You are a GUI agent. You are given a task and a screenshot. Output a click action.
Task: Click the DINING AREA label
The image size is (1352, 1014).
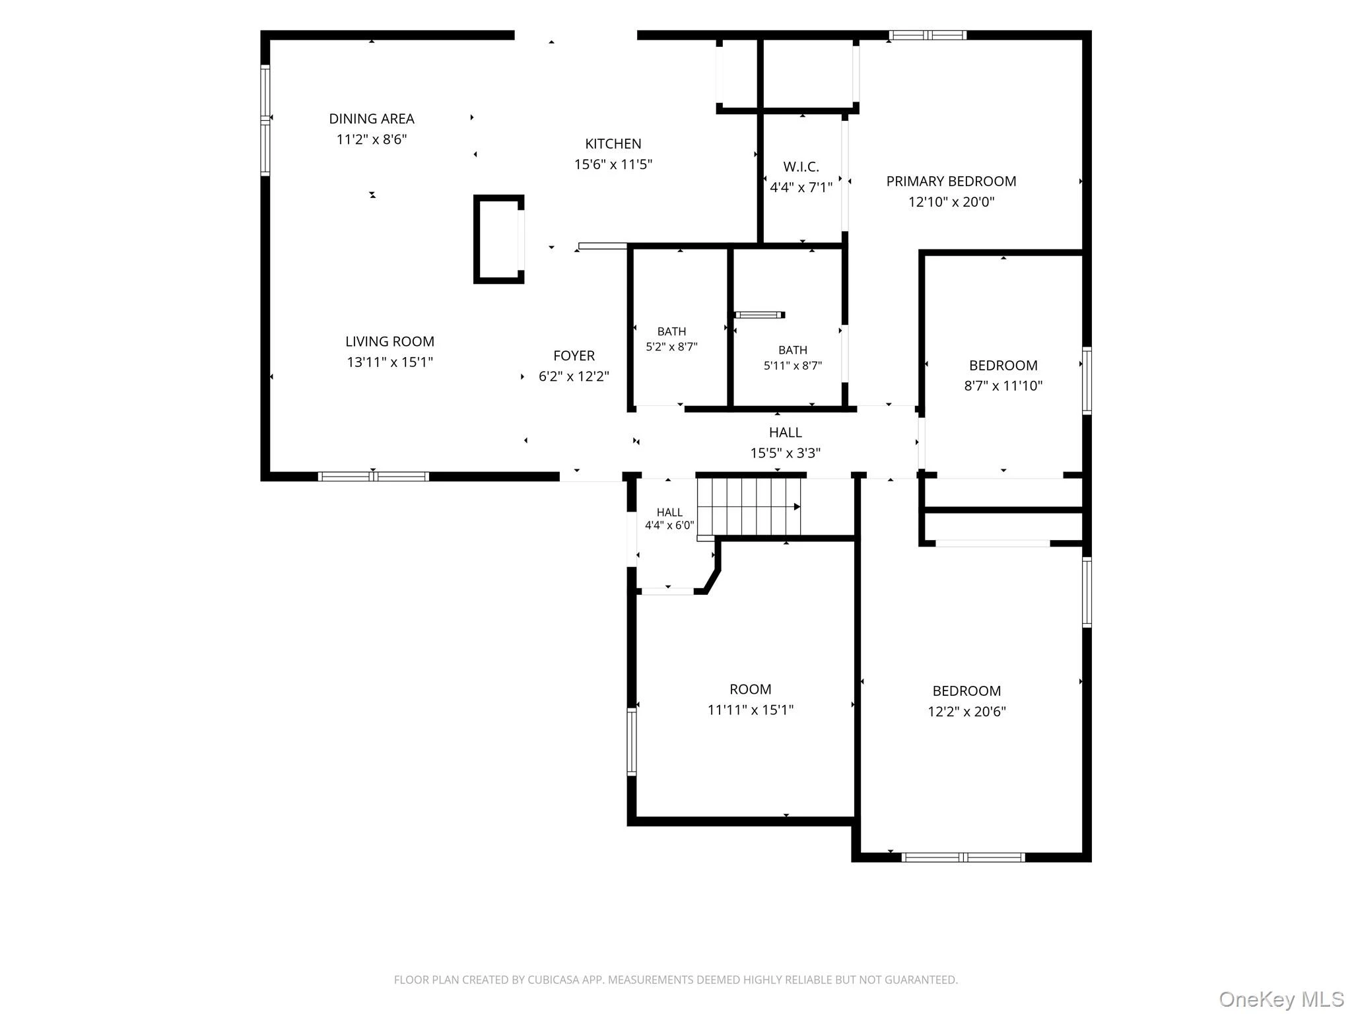coord(372,119)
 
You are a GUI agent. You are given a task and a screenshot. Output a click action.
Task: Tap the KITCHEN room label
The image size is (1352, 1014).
coord(613,144)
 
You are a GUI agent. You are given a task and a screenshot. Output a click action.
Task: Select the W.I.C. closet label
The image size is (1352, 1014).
coord(801,167)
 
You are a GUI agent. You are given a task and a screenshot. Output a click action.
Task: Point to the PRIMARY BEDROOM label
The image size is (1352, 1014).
coord(951,182)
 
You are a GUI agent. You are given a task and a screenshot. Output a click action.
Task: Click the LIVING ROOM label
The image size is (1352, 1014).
coord(390,342)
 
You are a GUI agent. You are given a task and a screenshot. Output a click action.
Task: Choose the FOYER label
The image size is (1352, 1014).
coord(574,356)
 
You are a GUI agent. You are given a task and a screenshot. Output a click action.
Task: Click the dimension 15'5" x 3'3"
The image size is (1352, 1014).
coord(786,454)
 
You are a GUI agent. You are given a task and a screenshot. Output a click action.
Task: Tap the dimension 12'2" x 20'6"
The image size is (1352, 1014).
coord(967,712)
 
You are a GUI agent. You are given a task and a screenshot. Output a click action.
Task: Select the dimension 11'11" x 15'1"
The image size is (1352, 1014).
coord(751,710)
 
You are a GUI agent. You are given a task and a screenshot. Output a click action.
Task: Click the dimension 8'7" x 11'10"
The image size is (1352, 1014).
coord(1003,386)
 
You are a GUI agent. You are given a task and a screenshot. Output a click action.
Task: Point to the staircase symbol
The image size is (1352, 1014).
coord(749,506)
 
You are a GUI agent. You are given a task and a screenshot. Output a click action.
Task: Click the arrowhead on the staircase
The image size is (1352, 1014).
coord(797,507)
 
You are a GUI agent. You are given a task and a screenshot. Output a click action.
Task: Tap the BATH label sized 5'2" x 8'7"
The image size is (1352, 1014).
coord(671,331)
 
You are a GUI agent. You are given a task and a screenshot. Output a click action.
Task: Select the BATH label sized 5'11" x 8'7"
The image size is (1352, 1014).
coord(793,350)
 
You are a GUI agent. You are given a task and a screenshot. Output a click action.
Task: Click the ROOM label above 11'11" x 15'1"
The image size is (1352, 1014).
coord(751,690)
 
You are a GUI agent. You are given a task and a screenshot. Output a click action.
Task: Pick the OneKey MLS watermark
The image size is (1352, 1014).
coord(1281,999)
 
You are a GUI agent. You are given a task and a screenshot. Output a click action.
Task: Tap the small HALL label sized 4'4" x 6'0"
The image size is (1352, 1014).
coord(669,512)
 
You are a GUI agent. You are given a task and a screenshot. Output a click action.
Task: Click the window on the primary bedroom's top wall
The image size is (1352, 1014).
coord(928,35)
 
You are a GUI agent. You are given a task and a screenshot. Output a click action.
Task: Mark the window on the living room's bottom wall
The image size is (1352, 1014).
coord(374,477)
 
